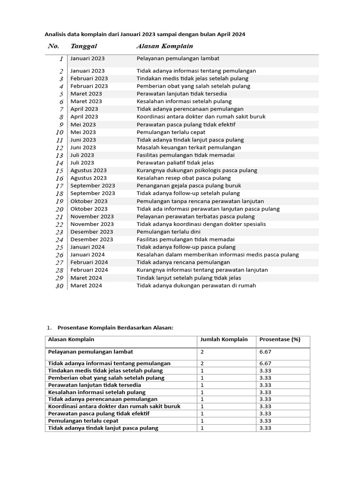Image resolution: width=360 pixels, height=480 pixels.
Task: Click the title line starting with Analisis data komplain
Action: pyautogui.click(x=145, y=34)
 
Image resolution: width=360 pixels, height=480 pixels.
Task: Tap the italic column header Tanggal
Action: pyautogui.click(x=83, y=46)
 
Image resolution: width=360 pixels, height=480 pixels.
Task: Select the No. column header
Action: pyautogui.click(x=53, y=46)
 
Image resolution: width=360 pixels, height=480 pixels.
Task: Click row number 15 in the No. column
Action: pyautogui.click(x=60, y=171)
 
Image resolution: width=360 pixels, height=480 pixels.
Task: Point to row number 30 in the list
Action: pyautogui.click(x=59, y=285)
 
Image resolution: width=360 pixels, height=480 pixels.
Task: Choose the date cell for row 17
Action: pyautogui.click(x=92, y=186)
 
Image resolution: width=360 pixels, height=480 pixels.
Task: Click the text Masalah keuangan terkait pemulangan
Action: pyautogui.click(x=192, y=147)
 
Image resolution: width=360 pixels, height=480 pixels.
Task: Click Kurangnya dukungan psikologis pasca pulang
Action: pyautogui.click(x=197, y=170)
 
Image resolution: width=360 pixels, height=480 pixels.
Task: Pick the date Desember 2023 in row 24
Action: pyautogui.click(x=91, y=239)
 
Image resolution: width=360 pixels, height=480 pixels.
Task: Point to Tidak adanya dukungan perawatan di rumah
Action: pyautogui.click(x=196, y=285)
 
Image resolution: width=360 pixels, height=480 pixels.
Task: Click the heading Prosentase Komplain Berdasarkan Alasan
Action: pyautogui.click(x=115, y=327)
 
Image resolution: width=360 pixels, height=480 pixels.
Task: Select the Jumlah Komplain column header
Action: pyautogui.click(x=224, y=339)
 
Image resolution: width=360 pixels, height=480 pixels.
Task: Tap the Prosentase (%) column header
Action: pyautogui.click(x=279, y=339)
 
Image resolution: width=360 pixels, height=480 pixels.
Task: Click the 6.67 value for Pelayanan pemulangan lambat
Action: pyautogui.click(x=265, y=352)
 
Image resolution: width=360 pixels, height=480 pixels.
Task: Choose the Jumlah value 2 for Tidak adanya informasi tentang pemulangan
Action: pyautogui.click(x=202, y=363)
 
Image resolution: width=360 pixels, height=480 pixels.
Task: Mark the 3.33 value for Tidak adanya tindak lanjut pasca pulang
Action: pyautogui.click(x=265, y=428)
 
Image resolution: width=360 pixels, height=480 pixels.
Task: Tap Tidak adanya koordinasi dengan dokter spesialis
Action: pyautogui.click(x=201, y=224)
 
